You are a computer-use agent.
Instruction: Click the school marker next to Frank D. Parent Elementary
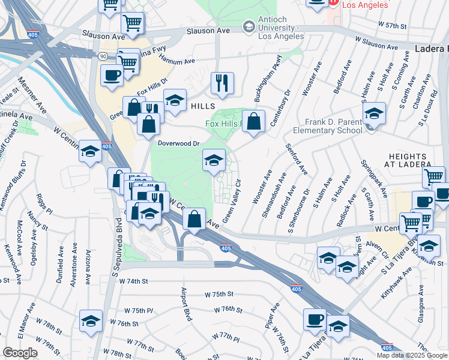[x=373, y=113]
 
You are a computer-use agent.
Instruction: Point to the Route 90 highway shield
[x=103, y=55]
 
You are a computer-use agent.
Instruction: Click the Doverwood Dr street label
[x=178, y=143]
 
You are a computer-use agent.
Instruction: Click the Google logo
[x=20, y=352]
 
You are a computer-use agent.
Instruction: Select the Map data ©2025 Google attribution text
[x=411, y=355]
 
